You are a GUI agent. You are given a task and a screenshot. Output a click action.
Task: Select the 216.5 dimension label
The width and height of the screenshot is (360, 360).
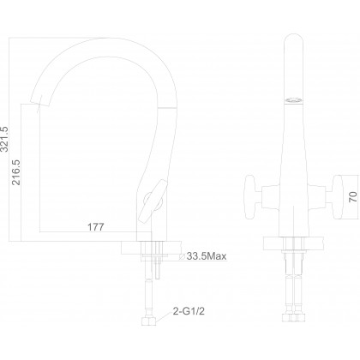pyautogui.click(x=16, y=172)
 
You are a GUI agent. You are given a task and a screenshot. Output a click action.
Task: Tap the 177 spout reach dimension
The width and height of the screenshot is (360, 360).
pyautogui.click(x=96, y=227)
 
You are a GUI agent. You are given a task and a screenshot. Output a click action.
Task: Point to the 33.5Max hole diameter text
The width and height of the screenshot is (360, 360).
pyautogui.click(x=207, y=256)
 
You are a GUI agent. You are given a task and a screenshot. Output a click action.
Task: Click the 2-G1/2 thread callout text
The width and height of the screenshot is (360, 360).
pyautogui.click(x=189, y=311)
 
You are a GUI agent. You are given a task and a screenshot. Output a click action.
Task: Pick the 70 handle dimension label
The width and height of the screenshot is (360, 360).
pyautogui.click(x=353, y=197)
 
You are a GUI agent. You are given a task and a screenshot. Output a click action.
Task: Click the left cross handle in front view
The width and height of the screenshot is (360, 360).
pyautogui.click(x=250, y=197)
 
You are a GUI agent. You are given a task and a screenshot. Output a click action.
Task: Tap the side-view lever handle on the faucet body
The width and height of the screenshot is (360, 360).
pyautogui.click(x=153, y=201)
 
